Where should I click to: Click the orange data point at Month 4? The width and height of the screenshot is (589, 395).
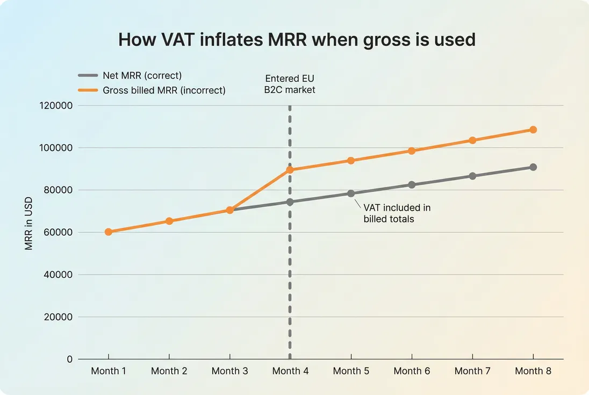290,170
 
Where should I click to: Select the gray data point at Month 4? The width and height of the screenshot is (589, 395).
290,202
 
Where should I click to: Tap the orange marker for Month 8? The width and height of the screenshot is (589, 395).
533,130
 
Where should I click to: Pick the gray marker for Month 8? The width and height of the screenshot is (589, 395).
533,167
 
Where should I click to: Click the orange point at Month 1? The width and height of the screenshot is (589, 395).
109,232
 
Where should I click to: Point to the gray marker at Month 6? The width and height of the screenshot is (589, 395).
412,184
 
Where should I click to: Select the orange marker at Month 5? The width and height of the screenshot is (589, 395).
351,161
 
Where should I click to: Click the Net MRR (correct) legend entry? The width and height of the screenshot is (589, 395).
142,76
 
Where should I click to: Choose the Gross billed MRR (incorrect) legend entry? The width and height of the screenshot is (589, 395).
164,90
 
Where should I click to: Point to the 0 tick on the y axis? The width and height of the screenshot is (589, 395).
69,359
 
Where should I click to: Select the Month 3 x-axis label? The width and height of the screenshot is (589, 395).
229,371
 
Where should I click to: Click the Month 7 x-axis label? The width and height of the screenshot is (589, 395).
472,371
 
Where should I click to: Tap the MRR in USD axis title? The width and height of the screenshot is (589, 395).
29,223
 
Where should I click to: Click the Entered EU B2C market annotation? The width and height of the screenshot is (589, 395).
290,84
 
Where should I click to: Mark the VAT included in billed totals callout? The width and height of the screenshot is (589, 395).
397,213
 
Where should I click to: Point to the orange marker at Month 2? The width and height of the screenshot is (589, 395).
169,221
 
